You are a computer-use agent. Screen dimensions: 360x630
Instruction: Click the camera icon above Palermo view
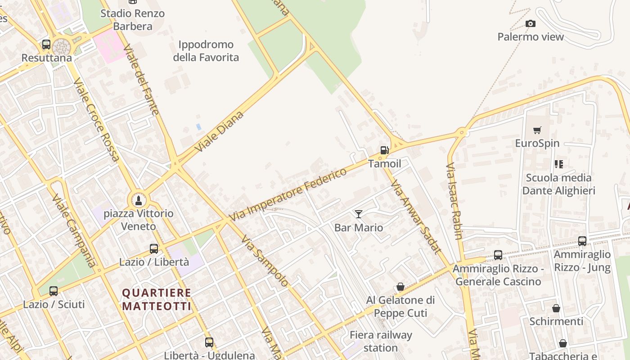point(531,23)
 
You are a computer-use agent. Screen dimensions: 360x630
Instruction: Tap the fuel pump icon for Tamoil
point(384,150)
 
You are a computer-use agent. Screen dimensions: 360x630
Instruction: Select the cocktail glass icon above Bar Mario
point(359,214)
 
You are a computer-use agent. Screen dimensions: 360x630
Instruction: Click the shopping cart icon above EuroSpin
point(537,130)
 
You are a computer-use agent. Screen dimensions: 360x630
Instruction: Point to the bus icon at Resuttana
point(46,45)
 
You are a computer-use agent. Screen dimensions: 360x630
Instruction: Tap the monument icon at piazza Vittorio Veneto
point(138,200)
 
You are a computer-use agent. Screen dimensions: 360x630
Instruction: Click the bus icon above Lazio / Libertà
point(154,249)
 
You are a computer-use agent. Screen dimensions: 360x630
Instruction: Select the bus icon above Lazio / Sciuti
point(54,291)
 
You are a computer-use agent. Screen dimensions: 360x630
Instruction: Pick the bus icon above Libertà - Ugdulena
point(209,342)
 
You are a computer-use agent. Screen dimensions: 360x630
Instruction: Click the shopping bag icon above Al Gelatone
point(400,287)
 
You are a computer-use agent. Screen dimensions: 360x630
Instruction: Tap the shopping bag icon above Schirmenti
point(556,308)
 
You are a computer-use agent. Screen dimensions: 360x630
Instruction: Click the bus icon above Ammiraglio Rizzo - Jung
point(582,241)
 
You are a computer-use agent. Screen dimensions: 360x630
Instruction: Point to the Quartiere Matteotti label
point(157,300)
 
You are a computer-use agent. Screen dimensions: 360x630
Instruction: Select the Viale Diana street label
point(220,131)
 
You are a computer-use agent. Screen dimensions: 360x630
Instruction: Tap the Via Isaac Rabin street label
point(454,201)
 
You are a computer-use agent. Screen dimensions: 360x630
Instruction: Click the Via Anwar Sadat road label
point(416,217)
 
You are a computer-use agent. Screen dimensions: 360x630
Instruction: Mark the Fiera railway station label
point(381,342)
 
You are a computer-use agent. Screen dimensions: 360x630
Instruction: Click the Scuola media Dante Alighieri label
point(558,184)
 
